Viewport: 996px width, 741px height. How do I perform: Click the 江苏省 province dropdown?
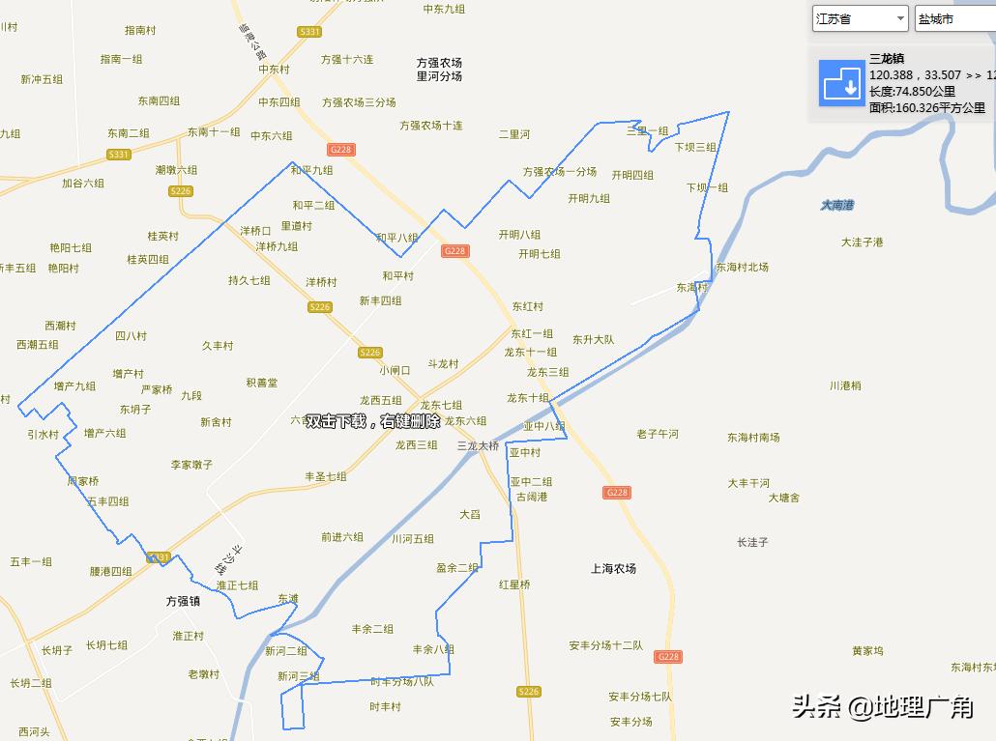click(860, 18)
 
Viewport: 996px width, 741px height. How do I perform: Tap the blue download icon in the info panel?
click(840, 83)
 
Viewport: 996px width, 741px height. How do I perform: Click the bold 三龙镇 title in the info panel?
click(887, 59)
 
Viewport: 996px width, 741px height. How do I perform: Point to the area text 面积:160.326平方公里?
click(926, 108)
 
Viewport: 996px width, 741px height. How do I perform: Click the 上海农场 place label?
click(613, 569)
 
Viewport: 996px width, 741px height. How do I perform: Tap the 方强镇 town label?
click(183, 601)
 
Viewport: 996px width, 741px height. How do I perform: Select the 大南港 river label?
click(837, 205)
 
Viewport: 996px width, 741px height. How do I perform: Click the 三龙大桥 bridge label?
click(478, 446)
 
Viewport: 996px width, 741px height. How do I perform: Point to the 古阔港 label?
click(531, 497)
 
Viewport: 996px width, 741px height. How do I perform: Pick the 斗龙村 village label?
click(443, 364)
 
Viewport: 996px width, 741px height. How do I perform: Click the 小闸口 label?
click(395, 370)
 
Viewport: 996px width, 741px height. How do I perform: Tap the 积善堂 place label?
click(261, 383)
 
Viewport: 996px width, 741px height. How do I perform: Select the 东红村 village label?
click(527, 307)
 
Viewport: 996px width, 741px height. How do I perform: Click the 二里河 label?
click(514, 134)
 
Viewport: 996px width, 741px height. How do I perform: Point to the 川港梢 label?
click(844, 385)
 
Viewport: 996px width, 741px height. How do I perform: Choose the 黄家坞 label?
click(867, 651)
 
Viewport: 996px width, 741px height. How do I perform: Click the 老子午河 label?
click(658, 434)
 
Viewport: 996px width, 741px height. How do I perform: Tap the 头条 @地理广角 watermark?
click(882, 708)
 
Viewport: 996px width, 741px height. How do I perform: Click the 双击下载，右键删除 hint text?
click(373, 421)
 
